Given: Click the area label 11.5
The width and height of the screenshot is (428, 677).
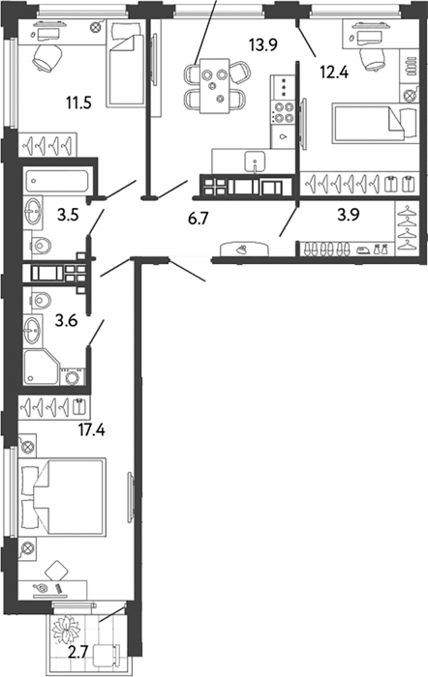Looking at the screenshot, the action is click(78, 103).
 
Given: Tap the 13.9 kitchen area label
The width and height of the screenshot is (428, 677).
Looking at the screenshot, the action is click(262, 44).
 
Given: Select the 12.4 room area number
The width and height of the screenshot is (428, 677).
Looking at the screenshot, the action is click(334, 71).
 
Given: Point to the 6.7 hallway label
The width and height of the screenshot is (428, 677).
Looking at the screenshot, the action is click(198, 219).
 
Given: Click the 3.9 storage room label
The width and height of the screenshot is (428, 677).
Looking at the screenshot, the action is click(349, 214).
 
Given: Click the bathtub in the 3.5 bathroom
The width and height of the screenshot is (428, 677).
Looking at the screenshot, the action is click(57, 181).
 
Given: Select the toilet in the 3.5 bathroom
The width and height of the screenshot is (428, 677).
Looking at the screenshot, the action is click(41, 246).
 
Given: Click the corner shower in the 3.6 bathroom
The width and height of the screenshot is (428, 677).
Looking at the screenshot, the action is click(41, 367).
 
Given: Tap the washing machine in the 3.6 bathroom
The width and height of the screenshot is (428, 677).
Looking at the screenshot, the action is click(73, 376).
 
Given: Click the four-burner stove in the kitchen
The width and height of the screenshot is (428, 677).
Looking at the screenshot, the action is click(283, 111).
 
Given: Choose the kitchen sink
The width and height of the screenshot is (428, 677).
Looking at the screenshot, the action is click(256, 162).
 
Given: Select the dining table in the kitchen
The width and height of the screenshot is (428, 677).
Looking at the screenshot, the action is click(214, 85).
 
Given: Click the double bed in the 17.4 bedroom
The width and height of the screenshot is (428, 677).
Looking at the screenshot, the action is click(62, 497).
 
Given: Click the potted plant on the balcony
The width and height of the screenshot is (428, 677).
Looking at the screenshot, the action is click(67, 629).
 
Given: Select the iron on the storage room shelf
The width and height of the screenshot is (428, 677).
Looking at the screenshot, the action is click(362, 250).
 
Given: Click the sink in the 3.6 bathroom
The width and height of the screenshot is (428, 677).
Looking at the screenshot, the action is click(33, 330).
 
